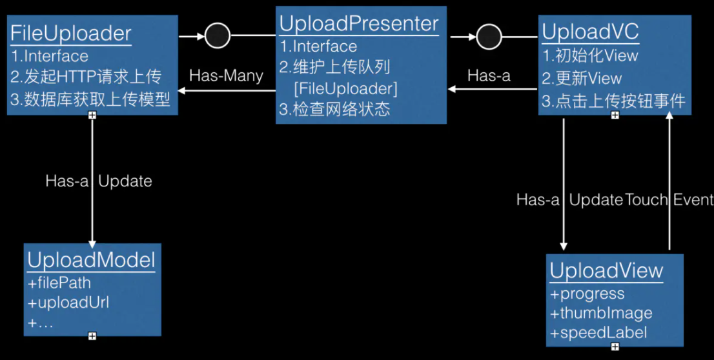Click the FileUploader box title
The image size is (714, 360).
click(x=71, y=34)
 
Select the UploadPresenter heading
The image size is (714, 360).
click(x=359, y=24)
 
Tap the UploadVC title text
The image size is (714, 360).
click(x=590, y=32)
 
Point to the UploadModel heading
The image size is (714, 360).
click(x=91, y=260)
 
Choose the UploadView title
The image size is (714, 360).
click(x=606, y=271)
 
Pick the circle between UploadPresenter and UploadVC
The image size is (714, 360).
click(x=490, y=36)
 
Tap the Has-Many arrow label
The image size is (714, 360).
click(x=226, y=75)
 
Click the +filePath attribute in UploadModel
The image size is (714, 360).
click(x=59, y=283)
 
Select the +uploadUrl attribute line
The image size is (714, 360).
click(x=68, y=303)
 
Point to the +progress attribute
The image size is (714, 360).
click(x=587, y=294)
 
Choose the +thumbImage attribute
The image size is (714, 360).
click(x=601, y=313)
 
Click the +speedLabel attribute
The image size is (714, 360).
click(x=598, y=333)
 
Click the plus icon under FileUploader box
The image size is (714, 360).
click(x=92, y=115)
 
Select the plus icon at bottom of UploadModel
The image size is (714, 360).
click(x=92, y=335)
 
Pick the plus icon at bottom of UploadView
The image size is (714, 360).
click(x=615, y=346)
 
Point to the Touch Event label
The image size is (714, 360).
click(x=669, y=200)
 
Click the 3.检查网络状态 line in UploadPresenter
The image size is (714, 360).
click(x=334, y=108)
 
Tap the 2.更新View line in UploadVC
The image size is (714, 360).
click(x=582, y=79)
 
